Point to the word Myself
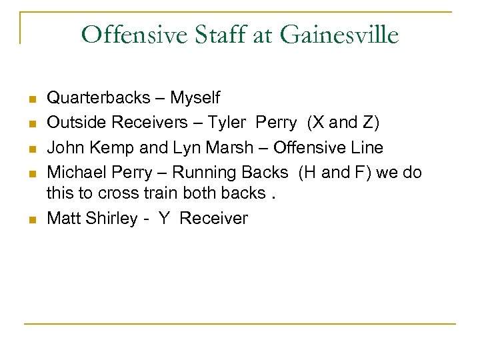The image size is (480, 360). click(195, 98)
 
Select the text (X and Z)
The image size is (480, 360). click(343, 123)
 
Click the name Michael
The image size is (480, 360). click(73, 173)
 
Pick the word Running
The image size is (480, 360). click(201, 173)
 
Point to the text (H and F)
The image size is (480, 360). click(335, 173)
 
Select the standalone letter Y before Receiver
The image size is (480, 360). click(163, 219)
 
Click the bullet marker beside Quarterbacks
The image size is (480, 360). click(31, 99)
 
